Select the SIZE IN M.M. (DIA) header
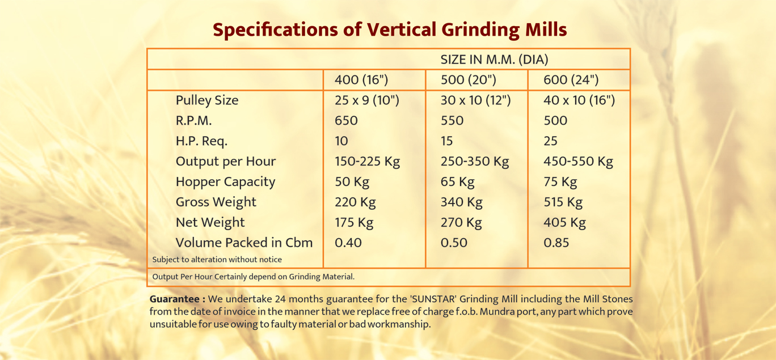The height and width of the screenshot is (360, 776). click(494, 60)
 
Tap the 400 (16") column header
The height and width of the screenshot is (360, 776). click(361, 80)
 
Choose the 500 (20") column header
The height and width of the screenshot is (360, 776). click(469, 80)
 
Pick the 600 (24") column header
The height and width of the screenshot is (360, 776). click(571, 80)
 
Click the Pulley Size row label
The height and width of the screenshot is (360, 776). click(207, 100)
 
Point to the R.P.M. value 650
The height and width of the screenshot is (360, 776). click(346, 120)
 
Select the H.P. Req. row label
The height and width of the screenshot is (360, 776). click(201, 141)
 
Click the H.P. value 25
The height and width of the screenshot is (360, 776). click(550, 141)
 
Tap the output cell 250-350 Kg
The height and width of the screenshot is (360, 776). click(475, 162)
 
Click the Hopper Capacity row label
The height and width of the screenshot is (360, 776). click(226, 182)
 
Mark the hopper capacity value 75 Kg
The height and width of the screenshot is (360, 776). click(560, 182)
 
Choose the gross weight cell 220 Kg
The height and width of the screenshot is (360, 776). click(355, 202)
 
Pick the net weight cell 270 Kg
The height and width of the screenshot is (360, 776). click(461, 223)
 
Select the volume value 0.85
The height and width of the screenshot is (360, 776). click(556, 243)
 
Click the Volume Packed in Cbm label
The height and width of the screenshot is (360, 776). click(244, 243)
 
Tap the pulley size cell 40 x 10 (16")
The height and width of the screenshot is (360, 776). click(579, 100)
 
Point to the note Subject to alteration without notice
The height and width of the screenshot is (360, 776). click(217, 260)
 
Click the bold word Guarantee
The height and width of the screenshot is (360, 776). click(175, 299)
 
